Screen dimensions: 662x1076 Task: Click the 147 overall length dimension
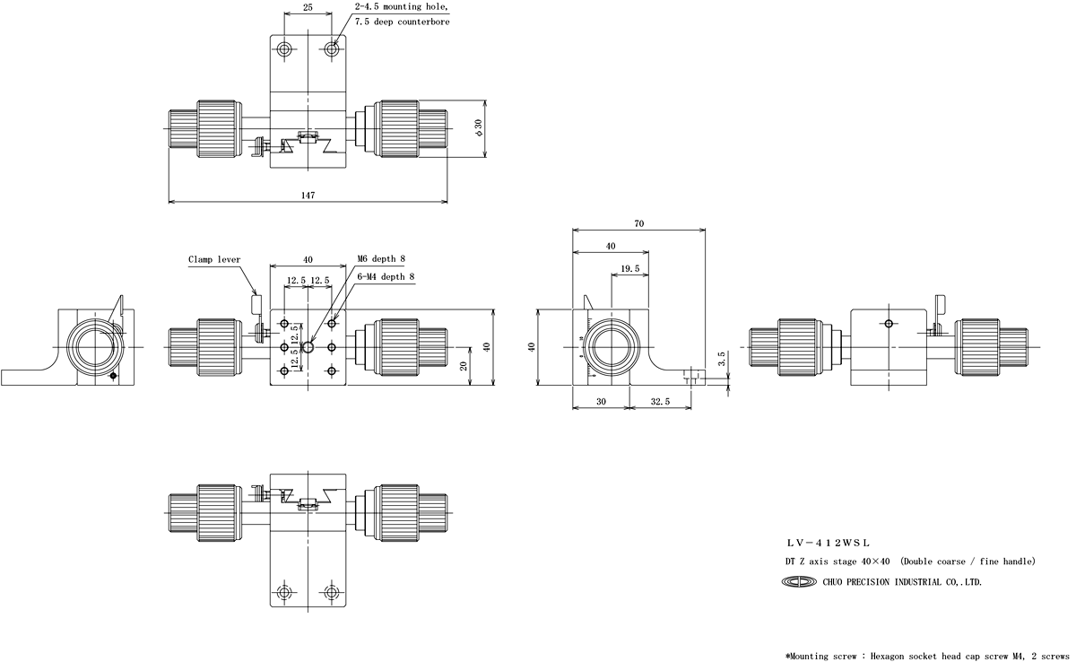click(x=308, y=194)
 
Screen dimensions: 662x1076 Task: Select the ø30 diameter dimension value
click(x=479, y=127)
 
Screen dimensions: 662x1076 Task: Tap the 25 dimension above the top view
click(x=308, y=7)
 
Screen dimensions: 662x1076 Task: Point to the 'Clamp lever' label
click(x=214, y=260)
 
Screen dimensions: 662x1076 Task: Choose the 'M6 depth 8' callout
click(x=381, y=259)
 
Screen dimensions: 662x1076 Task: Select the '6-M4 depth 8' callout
click(x=386, y=277)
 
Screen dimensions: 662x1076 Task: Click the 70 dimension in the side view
click(x=638, y=223)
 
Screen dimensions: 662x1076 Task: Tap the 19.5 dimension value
click(x=629, y=268)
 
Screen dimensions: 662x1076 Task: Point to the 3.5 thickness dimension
click(x=723, y=356)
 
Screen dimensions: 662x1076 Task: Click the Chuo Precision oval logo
click(x=800, y=582)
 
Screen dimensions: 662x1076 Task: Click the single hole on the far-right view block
click(x=888, y=323)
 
